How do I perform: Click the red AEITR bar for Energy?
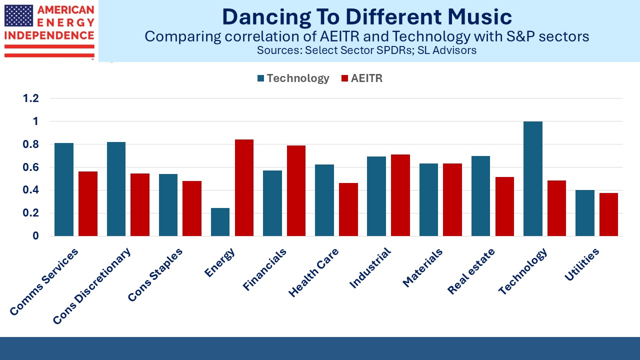coord(244,187)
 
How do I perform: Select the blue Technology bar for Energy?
coord(220,222)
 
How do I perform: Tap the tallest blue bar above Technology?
coord(533,179)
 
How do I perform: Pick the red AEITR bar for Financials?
coord(296,191)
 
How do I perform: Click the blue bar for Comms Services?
coord(64,189)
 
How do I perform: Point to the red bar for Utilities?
coord(608,214)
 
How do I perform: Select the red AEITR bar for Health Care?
coord(348,209)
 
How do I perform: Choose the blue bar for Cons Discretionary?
coord(116,189)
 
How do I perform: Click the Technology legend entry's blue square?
coord(260,78)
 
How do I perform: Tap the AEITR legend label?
coord(366,78)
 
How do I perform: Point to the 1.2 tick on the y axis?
coord(31,98)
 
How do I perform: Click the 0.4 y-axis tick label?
coord(31,190)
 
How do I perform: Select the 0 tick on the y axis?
coord(35,235)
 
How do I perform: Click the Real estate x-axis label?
coord(471,271)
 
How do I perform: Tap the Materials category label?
coord(422,267)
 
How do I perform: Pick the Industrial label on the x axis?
coord(370,267)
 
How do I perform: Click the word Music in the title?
coord(479,16)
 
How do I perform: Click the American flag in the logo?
coord(19,15)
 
